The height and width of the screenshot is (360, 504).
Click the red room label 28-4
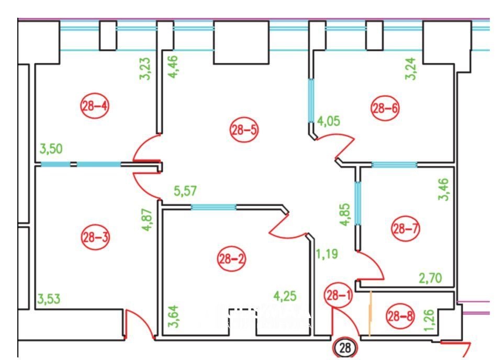click(95, 106)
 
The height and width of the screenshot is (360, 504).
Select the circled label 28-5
click(244, 130)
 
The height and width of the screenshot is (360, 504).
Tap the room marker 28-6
click(385, 108)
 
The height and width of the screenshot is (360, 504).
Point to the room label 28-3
click(95, 238)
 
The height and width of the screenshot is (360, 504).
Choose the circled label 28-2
click(232, 258)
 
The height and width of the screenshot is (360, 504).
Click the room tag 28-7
click(406, 229)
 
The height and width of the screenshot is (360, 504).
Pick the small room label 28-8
click(400, 316)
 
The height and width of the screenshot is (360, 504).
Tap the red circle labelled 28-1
click(339, 295)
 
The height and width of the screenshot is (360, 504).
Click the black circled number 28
click(345, 348)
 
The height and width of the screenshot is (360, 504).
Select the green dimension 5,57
click(185, 191)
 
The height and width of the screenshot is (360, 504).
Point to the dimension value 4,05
click(329, 121)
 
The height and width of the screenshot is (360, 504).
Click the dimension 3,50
click(51, 149)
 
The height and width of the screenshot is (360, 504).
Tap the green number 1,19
click(327, 254)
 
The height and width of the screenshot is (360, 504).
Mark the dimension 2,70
click(430, 278)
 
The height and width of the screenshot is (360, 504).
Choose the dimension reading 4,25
click(285, 296)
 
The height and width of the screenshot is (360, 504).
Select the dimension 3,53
click(49, 299)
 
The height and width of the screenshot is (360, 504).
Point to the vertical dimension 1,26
click(430, 320)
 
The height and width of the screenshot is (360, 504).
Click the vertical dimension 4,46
click(173, 67)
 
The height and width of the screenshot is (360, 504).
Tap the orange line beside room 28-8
click(371, 314)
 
